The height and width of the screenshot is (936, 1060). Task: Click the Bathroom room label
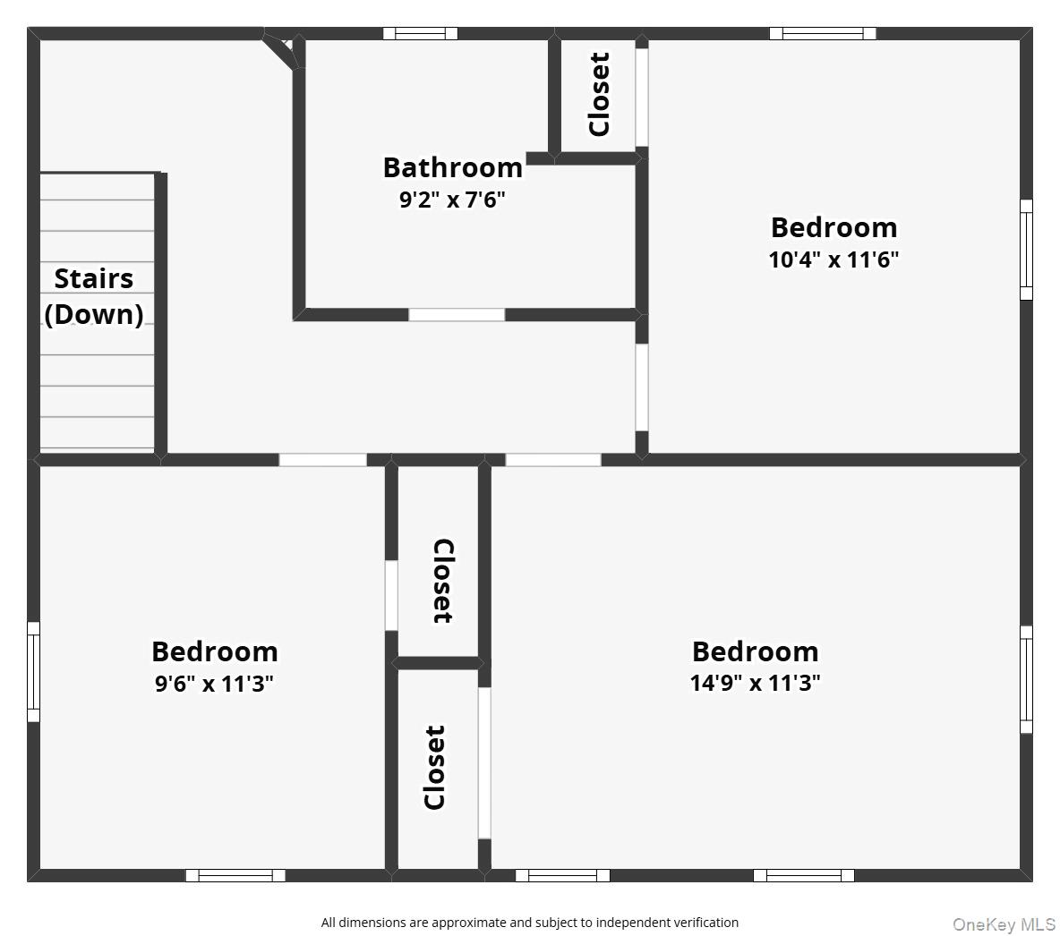tap(453, 167)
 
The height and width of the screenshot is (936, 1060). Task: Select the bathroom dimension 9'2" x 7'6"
tap(452, 200)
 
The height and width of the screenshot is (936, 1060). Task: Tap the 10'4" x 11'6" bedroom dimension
tap(833, 260)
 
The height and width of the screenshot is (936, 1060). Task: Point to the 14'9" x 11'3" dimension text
tap(755, 683)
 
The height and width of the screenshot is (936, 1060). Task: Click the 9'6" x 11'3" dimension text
tap(214, 684)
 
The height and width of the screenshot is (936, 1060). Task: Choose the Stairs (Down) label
tap(94, 296)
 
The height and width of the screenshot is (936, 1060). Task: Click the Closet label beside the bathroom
tap(599, 95)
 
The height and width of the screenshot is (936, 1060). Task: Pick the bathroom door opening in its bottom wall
tap(457, 314)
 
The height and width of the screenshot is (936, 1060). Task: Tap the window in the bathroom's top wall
tap(421, 34)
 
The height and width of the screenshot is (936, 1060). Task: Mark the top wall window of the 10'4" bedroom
tap(823, 34)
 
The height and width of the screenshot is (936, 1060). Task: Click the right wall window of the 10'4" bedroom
tap(1026, 250)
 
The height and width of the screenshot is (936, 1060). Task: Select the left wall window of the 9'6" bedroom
tap(34, 672)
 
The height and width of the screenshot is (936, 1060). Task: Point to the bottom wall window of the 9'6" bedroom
tap(236, 876)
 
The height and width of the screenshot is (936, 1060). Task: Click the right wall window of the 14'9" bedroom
tap(1026, 679)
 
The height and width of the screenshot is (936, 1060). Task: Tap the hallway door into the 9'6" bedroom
tap(323, 460)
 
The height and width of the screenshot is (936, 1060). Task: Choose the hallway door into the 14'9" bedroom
tap(553, 460)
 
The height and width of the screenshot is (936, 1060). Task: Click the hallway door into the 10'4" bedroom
tap(642, 388)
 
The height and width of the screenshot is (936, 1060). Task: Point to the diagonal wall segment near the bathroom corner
tap(280, 51)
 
